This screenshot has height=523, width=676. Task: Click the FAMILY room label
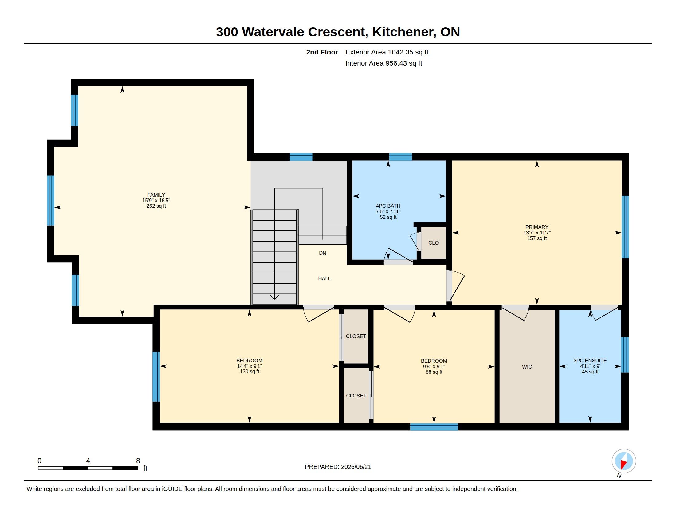[x=156, y=195]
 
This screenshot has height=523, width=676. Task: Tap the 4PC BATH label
[x=388, y=206]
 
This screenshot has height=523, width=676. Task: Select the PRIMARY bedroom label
[x=537, y=227]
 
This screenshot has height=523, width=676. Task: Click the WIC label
[x=527, y=367]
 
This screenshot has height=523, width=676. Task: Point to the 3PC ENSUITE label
[x=590, y=361]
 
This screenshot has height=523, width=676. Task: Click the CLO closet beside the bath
[x=433, y=243]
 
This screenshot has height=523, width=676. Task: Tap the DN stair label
[x=323, y=253]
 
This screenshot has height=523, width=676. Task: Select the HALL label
[x=324, y=278]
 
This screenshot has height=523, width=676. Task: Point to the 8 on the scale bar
[x=138, y=461]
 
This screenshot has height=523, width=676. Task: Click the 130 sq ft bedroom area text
[x=250, y=372]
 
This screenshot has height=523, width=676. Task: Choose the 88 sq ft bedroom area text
[x=434, y=372]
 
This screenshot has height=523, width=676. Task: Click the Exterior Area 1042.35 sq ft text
[x=387, y=52]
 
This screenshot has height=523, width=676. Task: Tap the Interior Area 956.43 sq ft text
[x=384, y=63]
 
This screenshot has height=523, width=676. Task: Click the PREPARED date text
[x=338, y=467]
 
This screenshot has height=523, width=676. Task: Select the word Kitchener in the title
[x=402, y=32]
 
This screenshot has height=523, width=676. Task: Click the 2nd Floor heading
[x=322, y=52]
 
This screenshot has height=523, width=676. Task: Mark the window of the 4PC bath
[x=400, y=157]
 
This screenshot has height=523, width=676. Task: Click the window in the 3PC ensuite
[x=625, y=355]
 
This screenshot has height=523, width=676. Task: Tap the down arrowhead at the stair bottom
[x=274, y=297]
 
